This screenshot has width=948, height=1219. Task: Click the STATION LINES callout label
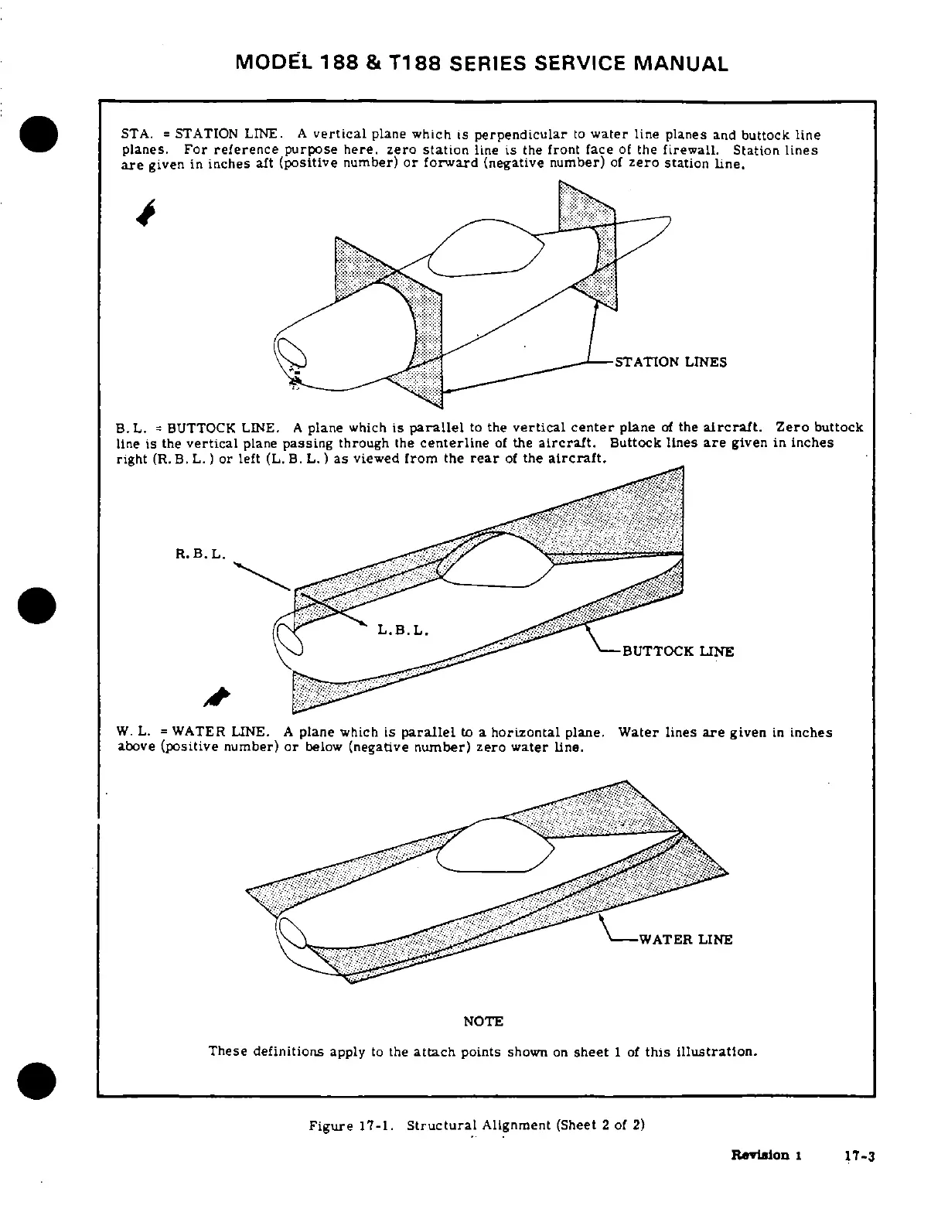tap(670, 362)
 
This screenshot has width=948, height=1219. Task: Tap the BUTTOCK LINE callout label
tap(677, 651)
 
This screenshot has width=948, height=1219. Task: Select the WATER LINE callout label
tap(684, 940)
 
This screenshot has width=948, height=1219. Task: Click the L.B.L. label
tap(403, 630)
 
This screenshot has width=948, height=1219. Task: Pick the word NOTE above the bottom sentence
tap(483, 1022)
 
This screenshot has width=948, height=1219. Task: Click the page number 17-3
tap(858, 1157)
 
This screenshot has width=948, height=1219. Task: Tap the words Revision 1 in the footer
tap(766, 1156)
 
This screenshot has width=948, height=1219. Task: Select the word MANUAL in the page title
tap(680, 63)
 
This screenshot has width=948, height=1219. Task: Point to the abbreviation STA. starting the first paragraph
tap(135, 135)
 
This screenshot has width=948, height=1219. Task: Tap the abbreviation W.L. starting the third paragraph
tap(132, 732)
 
